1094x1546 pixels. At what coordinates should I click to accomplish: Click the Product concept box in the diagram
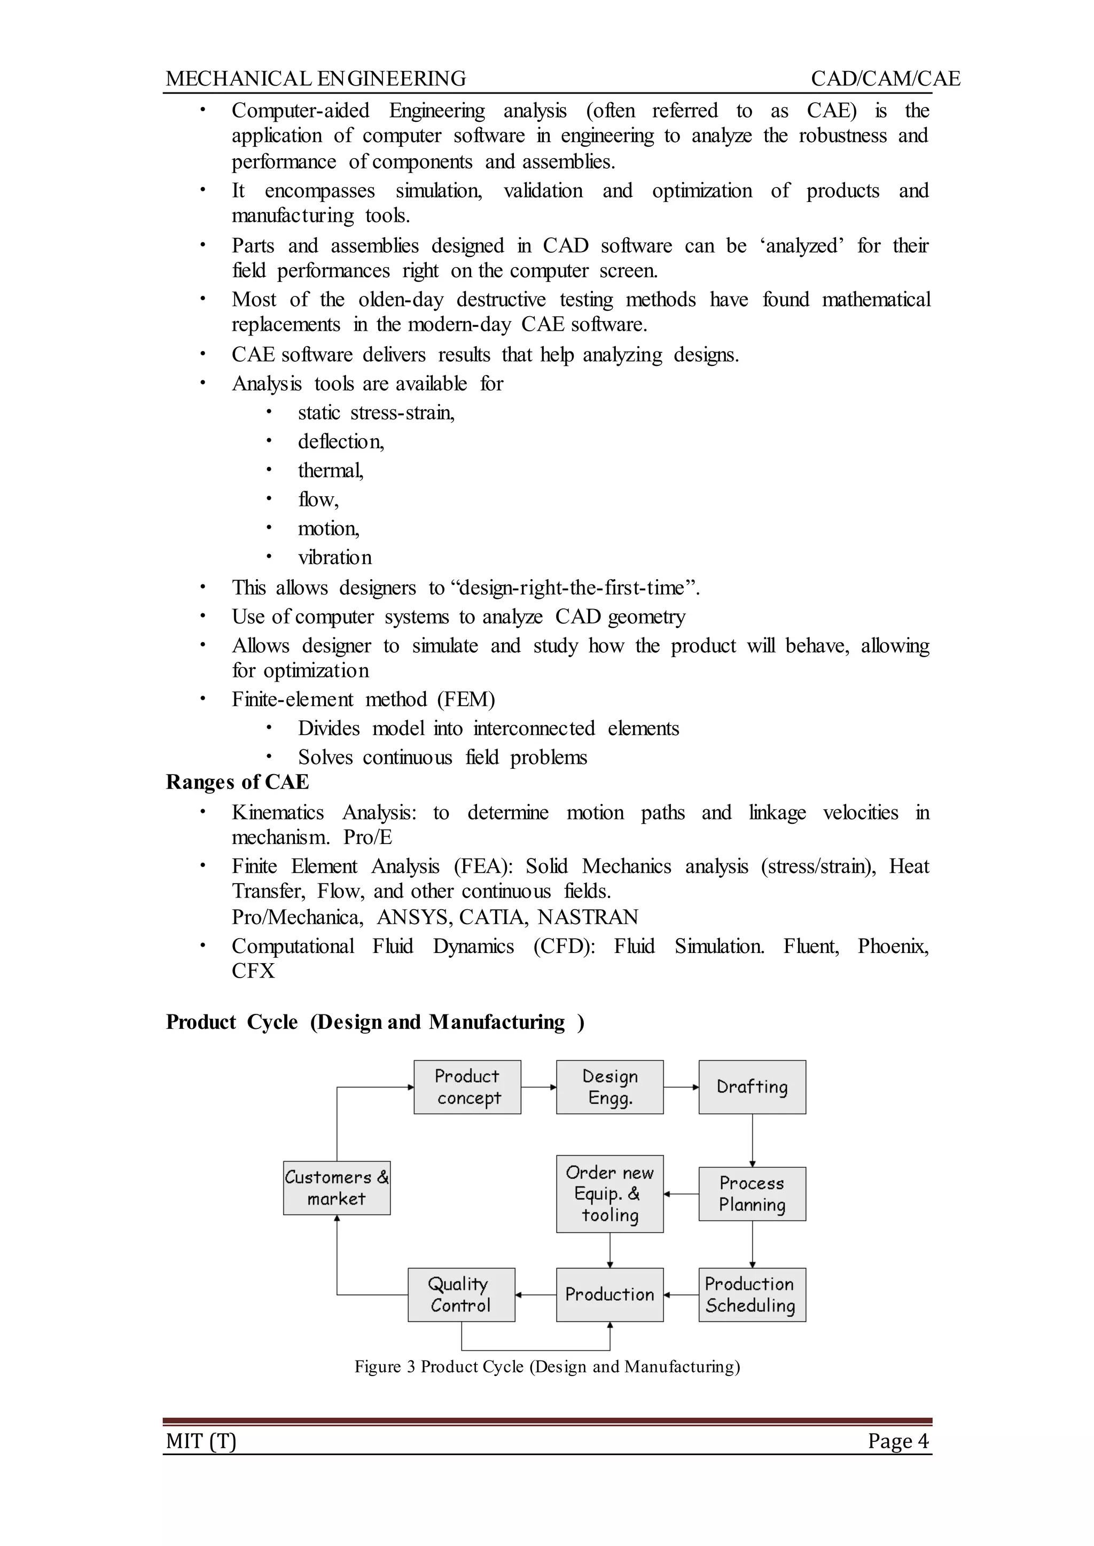tap(467, 1087)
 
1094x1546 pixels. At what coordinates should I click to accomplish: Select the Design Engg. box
tap(609, 1087)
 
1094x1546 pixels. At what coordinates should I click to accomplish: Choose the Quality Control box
tap(461, 1295)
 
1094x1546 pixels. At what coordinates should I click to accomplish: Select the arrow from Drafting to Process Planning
tap(753, 1140)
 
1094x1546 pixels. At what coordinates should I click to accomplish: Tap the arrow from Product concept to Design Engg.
tap(538, 1087)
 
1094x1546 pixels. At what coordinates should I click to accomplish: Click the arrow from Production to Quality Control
tap(536, 1295)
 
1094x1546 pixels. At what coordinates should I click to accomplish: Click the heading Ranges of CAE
tap(237, 782)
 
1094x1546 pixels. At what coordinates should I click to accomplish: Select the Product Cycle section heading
tap(374, 1022)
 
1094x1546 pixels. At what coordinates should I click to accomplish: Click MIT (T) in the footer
tap(201, 1441)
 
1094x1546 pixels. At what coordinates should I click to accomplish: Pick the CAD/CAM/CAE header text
tap(885, 79)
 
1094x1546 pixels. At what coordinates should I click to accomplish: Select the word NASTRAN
tap(588, 917)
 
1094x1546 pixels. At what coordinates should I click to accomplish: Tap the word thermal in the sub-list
tap(330, 470)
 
